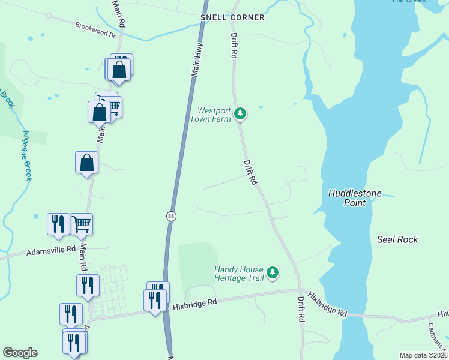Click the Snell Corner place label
click(232, 17)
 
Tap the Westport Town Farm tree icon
click(240, 113)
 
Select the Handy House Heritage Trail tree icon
click(273, 273)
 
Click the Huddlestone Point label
click(355, 198)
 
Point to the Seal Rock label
click(397, 239)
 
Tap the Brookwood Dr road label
click(95, 30)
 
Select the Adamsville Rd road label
click(50, 249)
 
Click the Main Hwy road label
click(196, 59)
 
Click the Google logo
click(20, 353)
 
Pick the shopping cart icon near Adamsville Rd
click(82, 224)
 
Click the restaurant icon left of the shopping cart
click(58, 224)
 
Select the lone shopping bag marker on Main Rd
click(87, 162)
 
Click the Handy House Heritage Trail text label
click(239, 274)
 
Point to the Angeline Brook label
click(26, 156)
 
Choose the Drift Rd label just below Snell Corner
click(234, 46)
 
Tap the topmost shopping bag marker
click(120, 70)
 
